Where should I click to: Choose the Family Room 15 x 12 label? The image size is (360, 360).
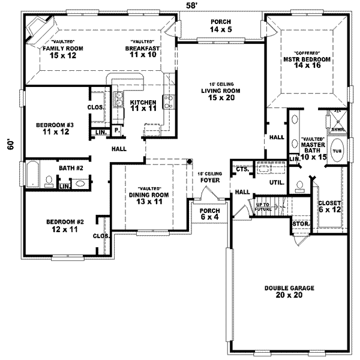(62, 52)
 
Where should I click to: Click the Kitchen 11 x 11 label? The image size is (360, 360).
(143, 106)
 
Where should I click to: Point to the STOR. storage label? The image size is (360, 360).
(299, 224)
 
